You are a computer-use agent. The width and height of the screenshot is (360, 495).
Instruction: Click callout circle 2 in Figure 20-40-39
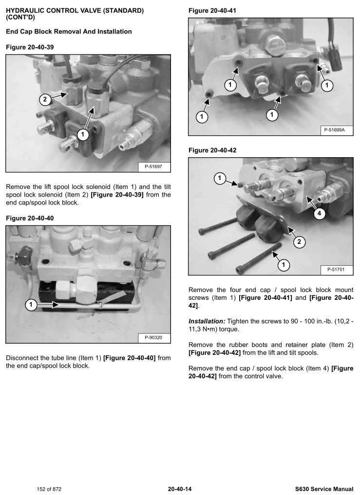click(x=44, y=100)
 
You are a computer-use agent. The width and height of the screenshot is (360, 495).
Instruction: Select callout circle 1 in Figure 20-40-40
click(x=31, y=305)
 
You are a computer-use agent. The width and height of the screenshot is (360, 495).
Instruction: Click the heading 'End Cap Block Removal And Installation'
click(x=69, y=32)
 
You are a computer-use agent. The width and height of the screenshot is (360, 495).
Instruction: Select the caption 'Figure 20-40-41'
click(x=212, y=10)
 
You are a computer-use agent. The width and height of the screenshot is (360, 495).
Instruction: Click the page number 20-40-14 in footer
click(x=180, y=488)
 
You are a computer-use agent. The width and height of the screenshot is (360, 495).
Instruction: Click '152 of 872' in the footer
click(x=49, y=488)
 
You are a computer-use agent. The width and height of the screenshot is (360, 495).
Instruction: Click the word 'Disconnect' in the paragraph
click(x=22, y=358)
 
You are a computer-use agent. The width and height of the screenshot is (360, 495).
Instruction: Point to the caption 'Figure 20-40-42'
click(x=212, y=150)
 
